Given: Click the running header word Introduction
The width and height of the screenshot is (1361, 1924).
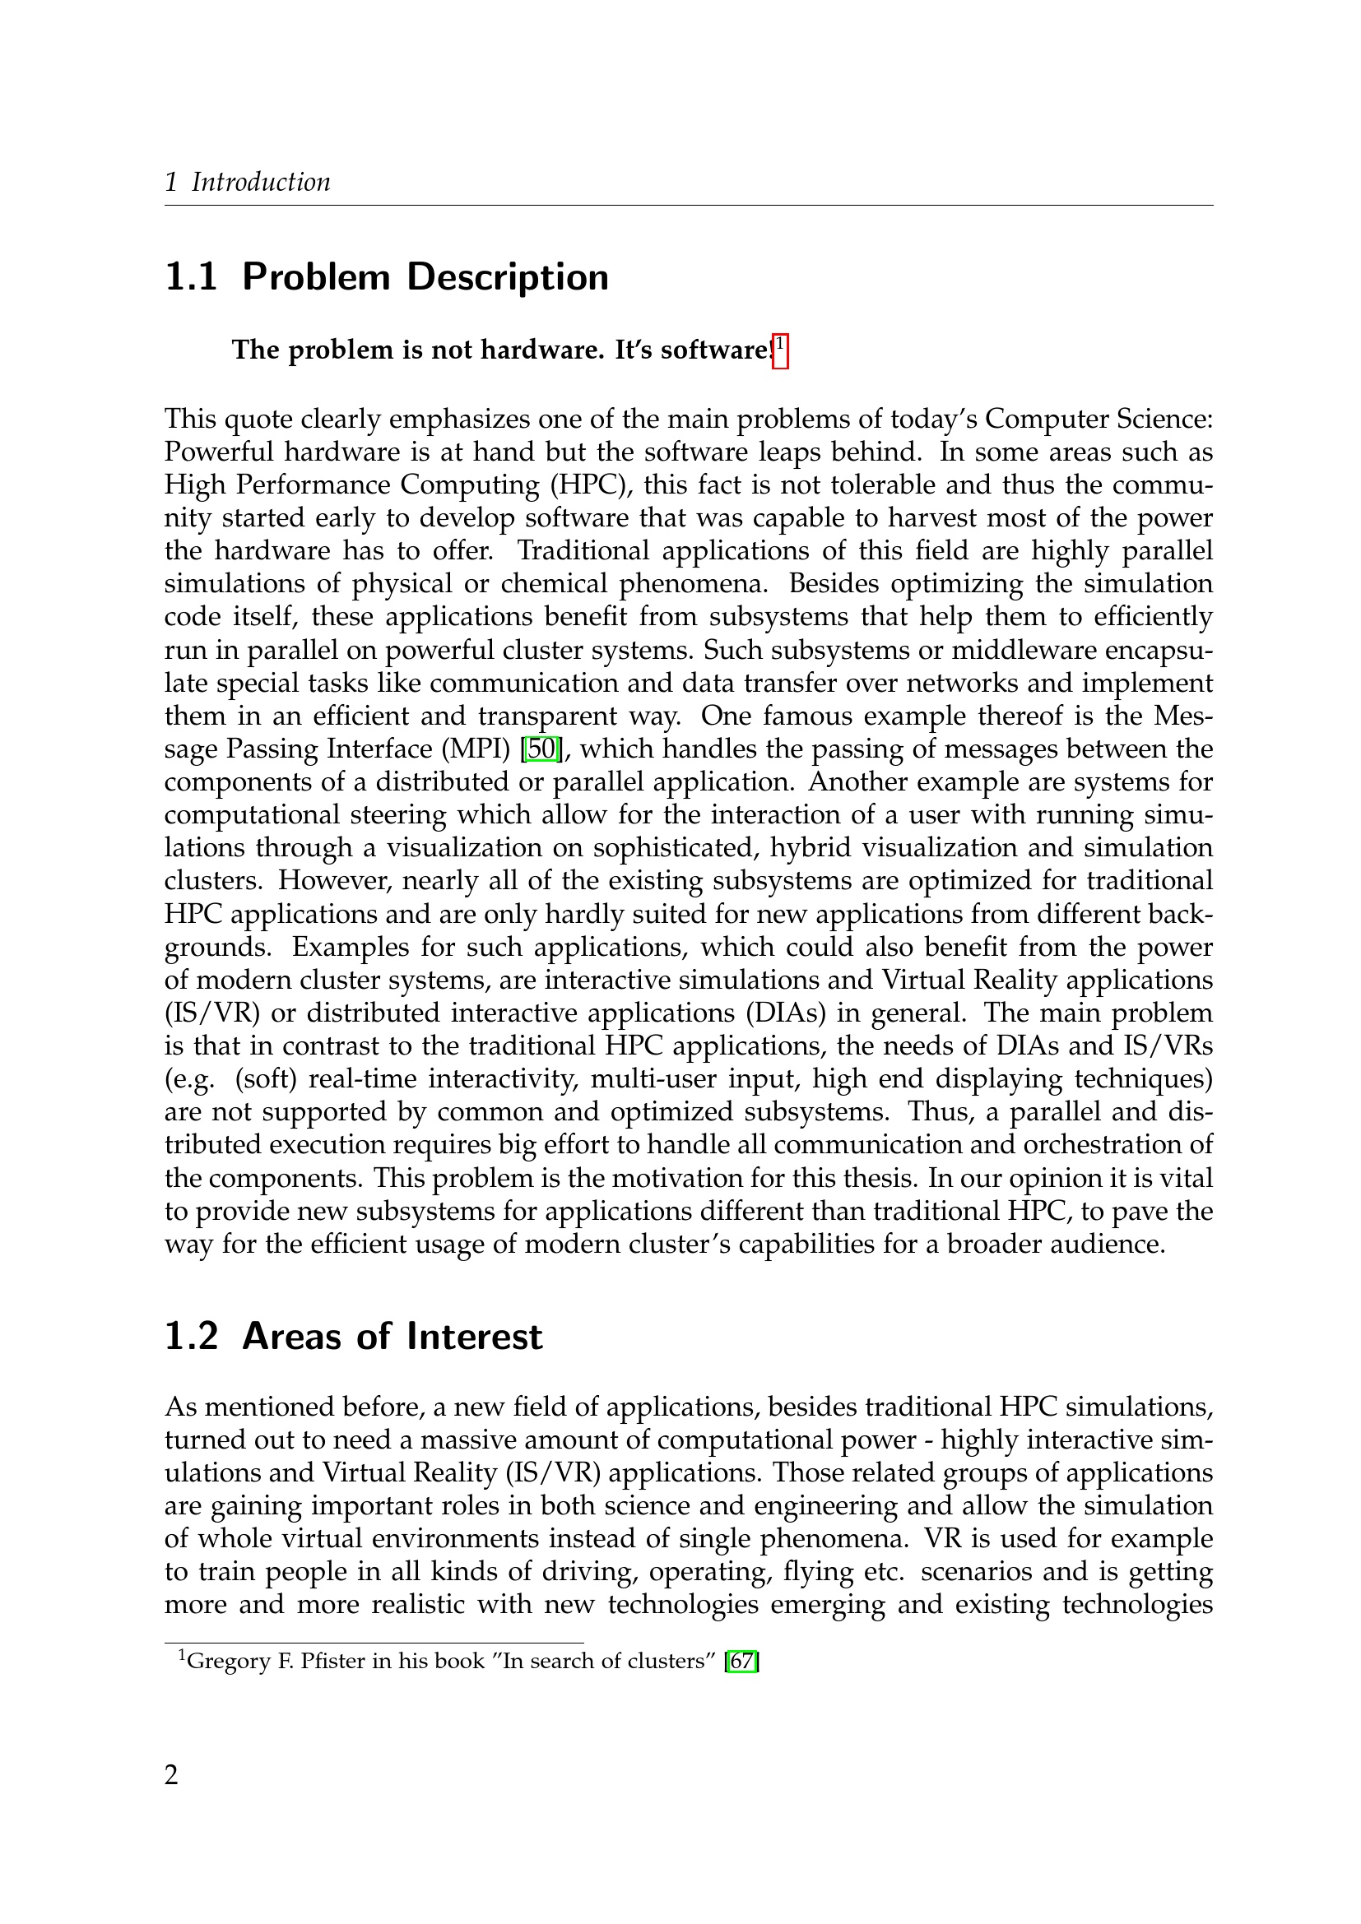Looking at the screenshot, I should (x=261, y=182).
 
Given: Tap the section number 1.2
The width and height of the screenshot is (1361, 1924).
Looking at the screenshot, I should (x=191, y=1337).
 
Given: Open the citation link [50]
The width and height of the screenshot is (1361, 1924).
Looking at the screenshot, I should (x=541, y=749).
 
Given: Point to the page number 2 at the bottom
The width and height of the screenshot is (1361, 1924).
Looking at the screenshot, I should (x=172, y=1774).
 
